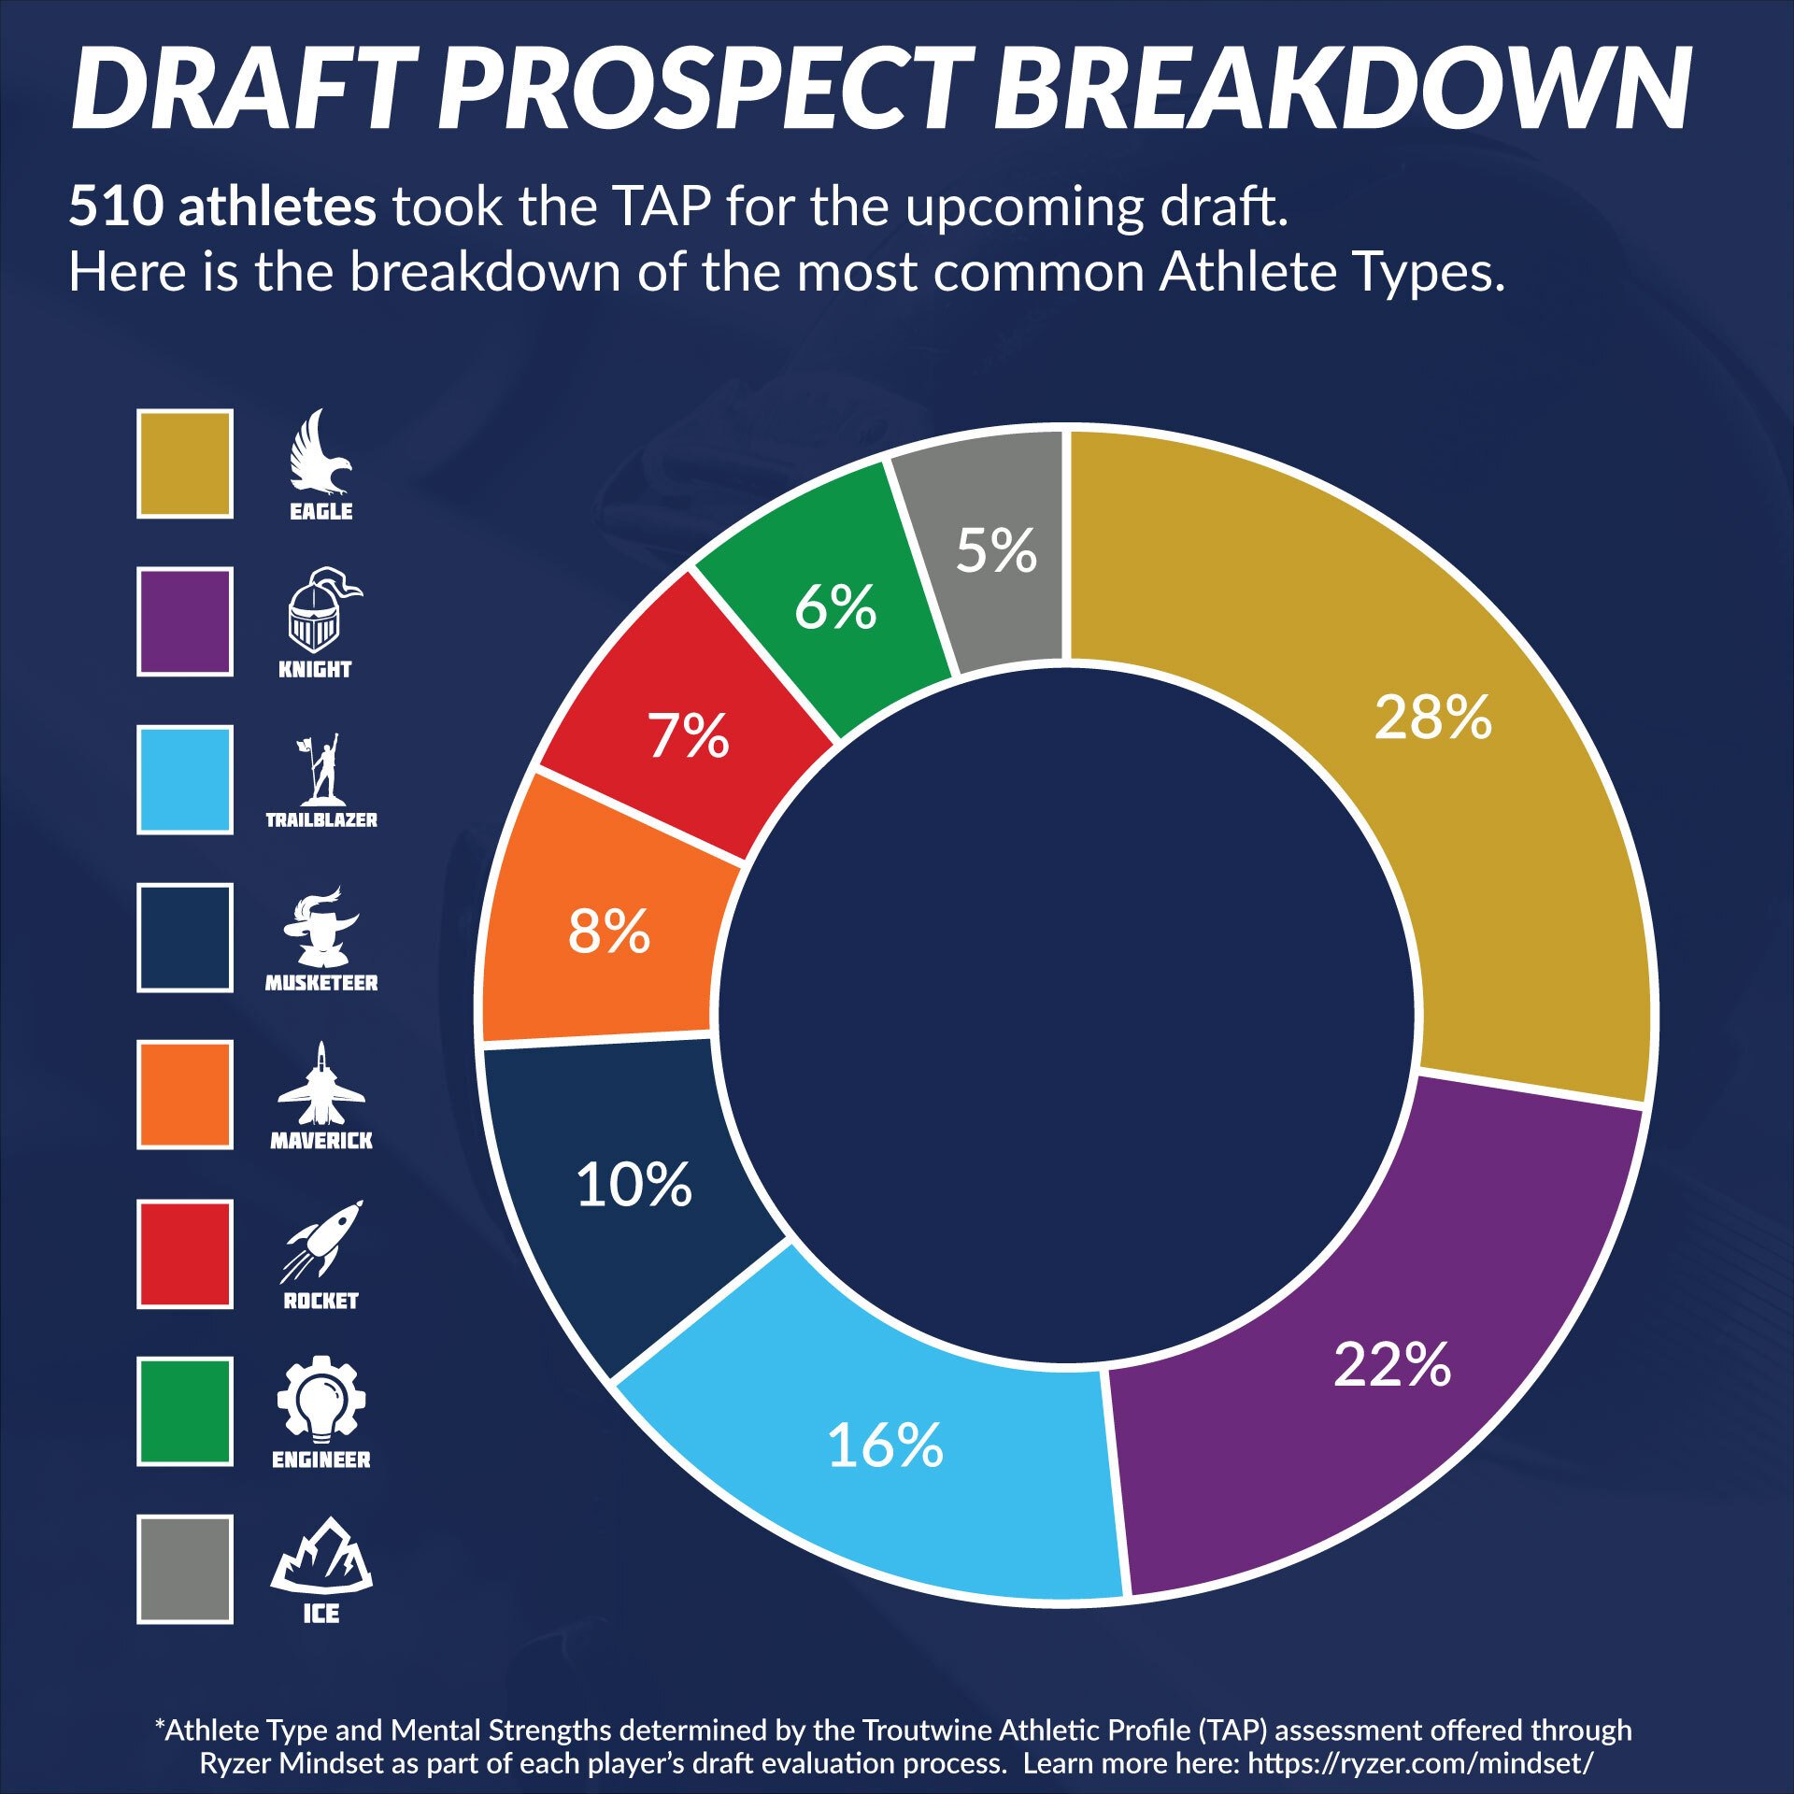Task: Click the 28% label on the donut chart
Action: (1432, 718)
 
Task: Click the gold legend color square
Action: (185, 463)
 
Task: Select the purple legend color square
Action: (185, 621)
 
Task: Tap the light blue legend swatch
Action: (185, 779)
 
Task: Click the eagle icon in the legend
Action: (320, 453)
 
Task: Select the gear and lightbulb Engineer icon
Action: (321, 1396)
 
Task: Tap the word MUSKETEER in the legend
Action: (321, 983)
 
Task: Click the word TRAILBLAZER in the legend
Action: (321, 820)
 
